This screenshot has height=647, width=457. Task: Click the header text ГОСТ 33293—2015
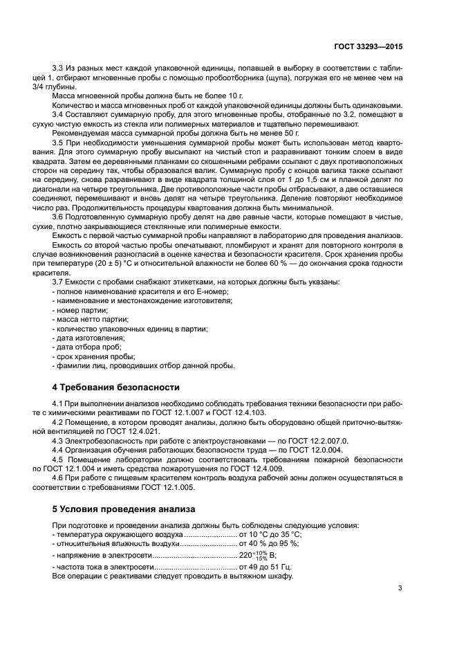pyautogui.click(x=369, y=47)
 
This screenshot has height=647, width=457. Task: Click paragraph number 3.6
pyautogui.click(x=59, y=217)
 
